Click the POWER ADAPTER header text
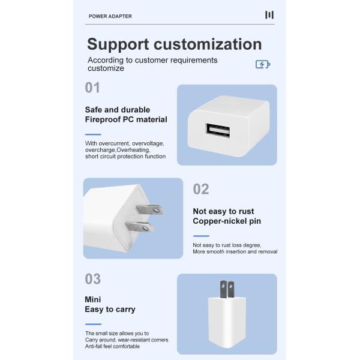[x=110, y=16]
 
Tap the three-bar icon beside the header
[x=269, y=15]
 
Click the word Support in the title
[x=118, y=45]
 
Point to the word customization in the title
[x=208, y=44]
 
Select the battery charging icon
[x=263, y=64]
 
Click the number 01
[x=92, y=88]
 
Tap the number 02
[x=201, y=189]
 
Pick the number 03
[x=93, y=279]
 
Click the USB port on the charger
[x=218, y=130]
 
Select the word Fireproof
[x=103, y=119]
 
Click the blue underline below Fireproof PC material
[x=93, y=134]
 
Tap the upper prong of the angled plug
[x=149, y=209]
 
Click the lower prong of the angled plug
[x=139, y=227]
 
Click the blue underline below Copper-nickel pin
[x=201, y=236]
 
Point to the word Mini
[x=93, y=299]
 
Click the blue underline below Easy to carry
[x=93, y=324]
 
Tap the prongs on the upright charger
[x=227, y=290]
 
